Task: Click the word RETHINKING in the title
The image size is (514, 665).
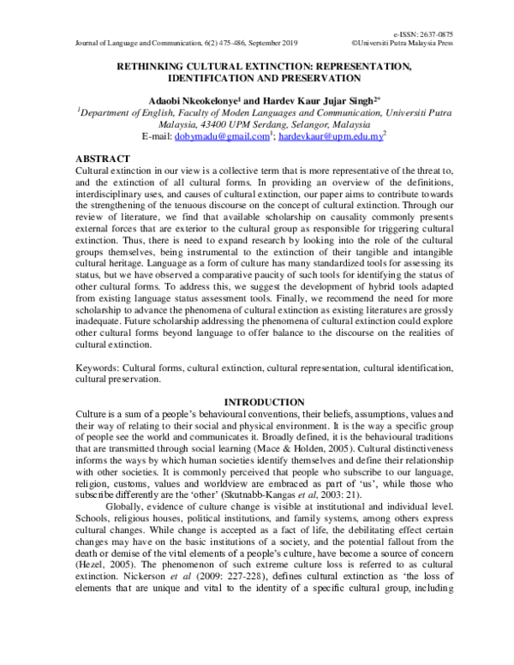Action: [152, 65]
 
